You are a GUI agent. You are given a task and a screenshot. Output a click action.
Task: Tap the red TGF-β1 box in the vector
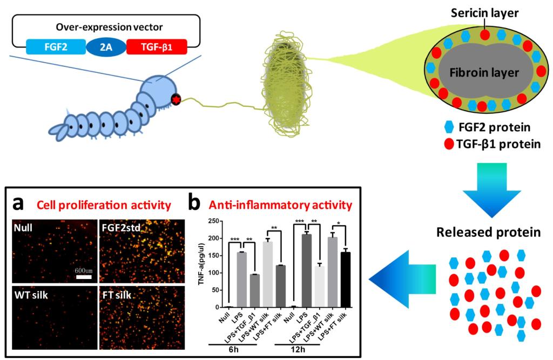coord(157,47)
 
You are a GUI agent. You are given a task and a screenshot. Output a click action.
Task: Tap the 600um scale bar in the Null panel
coord(83,277)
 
